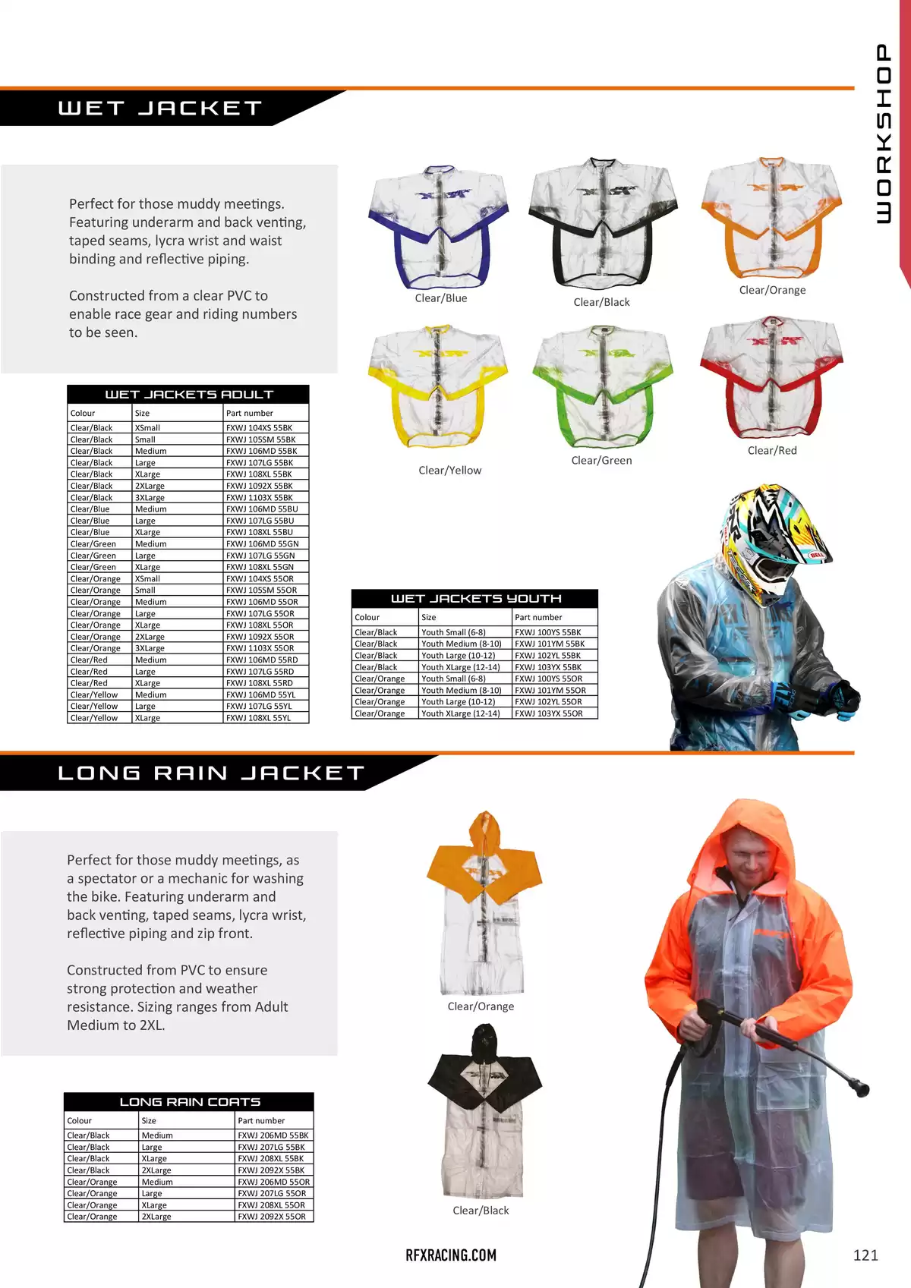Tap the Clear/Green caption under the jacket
coord(601,460)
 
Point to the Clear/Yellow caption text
coord(449,471)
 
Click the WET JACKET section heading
coord(160,109)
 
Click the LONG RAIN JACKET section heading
coord(211,773)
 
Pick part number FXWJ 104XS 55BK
coord(259,428)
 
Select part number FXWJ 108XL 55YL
coord(258,718)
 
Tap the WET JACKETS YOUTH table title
coord(475,599)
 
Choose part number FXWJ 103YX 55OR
coord(549,713)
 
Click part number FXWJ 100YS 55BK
coord(548,632)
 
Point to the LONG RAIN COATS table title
coord(190,1102)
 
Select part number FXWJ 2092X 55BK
coord(271,1170)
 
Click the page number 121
coord(865,1255)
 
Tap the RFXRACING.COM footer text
coord(451,1255)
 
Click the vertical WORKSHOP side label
coord(882,134)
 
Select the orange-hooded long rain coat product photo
coord(483,902)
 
